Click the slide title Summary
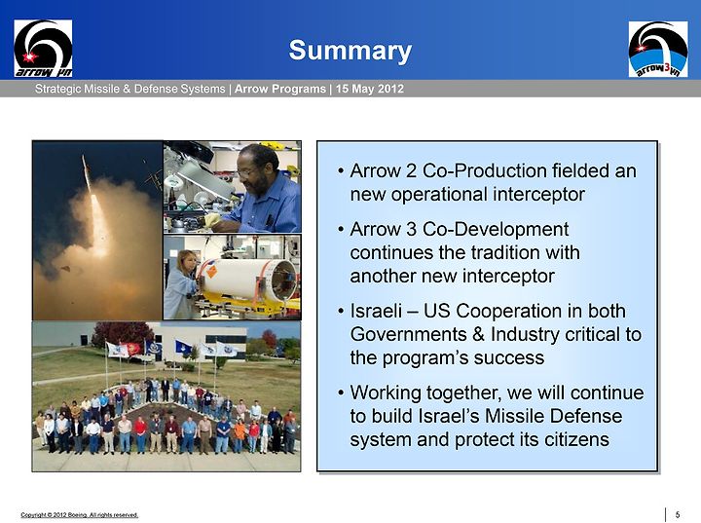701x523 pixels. coord(350,51)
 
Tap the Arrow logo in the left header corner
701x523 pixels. coord(43,49)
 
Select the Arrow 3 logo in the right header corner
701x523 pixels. coord(658,50)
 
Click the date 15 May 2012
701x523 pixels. coord(370,89)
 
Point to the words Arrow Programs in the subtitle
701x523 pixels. coord(280,89)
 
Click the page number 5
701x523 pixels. coord(678,515)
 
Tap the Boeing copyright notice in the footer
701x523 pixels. coord(80,515)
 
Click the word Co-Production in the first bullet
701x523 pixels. coord(484,170)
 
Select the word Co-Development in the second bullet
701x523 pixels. coord(496,229)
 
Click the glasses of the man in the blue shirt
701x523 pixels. coord(247,171)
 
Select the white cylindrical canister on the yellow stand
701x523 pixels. coord(247,279)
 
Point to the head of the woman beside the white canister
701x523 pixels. coord(187,261)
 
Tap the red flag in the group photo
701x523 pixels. coord(134,349)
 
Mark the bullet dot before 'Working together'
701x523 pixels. coord(341,392)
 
